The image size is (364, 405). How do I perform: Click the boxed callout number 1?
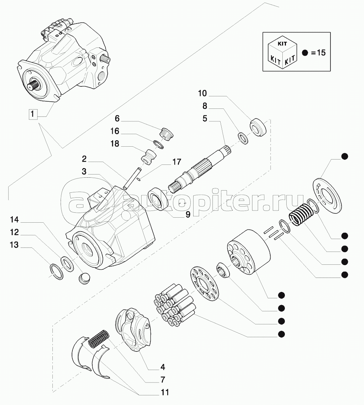point(32,115)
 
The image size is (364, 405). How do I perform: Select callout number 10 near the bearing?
point(202,93)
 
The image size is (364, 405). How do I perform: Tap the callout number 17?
point(176,162)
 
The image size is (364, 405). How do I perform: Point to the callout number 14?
point(15,219)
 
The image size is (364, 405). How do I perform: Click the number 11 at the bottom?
point(164,393)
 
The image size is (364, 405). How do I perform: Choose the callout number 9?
point(187,214)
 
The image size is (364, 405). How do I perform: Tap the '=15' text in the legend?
point(318,53)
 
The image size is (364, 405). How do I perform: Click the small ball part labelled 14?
point(84,277)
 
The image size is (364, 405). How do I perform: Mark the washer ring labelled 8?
point(243,138)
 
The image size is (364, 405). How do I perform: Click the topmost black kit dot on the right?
point(344,156)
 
